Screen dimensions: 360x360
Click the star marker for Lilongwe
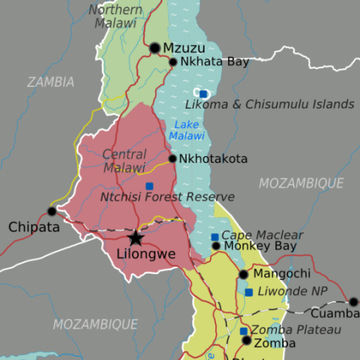pos(135,238)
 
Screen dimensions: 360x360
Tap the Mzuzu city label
pos(179,48)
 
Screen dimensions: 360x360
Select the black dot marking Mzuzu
pos(155,48)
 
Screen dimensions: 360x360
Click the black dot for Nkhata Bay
pos(173,62)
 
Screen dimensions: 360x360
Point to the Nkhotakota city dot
pos(172,158)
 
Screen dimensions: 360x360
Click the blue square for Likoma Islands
pos(204,94)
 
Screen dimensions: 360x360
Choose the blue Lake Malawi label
pos(186,130)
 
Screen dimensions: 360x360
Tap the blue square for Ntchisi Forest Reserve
pos(149,186)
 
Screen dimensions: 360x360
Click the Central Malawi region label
pos(124,161)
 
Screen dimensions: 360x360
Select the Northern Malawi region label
pos(115,16)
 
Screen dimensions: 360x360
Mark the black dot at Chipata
pos(51,211)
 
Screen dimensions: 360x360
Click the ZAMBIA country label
pos(50,82)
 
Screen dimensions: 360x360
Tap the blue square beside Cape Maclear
pos(214,237)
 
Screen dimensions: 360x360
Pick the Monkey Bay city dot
pos(215,246)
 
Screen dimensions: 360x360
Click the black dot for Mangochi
pos(243,274)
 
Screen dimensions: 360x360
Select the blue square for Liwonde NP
pos(248,292)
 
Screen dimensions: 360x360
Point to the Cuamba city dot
pos(354,302)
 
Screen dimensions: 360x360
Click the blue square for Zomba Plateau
pos(243,330)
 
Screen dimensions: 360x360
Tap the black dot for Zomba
pos(246,341)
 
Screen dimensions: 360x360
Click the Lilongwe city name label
pos(147,253)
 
